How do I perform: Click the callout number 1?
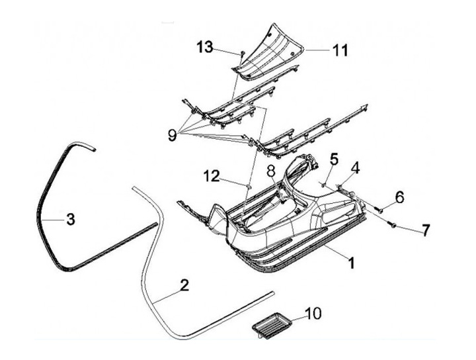352,263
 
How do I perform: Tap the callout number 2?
184,285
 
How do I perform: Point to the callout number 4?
354,169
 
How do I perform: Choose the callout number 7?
425,230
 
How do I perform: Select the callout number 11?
340,50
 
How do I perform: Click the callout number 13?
205,46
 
